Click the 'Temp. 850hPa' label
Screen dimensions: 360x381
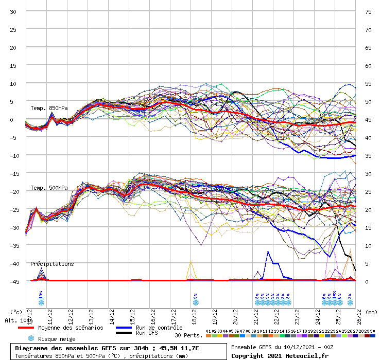click(49, 108)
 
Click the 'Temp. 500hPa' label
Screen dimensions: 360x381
click(49, 188)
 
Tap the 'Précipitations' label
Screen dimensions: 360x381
click(52, 264)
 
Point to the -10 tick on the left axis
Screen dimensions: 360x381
click(14, 155)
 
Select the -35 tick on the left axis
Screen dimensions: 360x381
click(14, 245)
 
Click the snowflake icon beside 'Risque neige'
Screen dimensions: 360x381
click(31, 338)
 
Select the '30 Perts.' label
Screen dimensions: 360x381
click(188, 335)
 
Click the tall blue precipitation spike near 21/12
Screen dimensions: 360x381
click(268, 253)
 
